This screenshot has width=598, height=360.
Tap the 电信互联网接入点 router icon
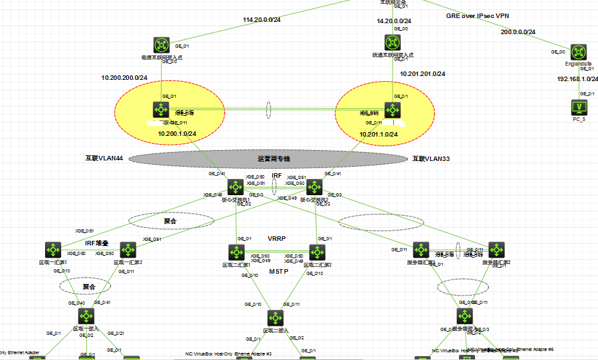point(162,45)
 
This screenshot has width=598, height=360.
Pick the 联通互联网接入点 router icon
point(393,43)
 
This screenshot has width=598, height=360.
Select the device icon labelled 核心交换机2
point(315,187)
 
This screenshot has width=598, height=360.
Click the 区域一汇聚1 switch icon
point(53,250)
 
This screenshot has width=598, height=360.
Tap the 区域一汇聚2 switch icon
point(127,250)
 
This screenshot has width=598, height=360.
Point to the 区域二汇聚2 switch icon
point(317,252)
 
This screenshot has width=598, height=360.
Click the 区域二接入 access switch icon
point(276,318)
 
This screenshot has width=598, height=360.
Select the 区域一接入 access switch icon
point(87,316)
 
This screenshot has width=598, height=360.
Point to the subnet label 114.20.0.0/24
point(262,20)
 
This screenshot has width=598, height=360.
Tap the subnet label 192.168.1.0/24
point(577,79)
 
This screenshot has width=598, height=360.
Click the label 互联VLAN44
point(104,158)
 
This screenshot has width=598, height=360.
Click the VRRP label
point(277,238)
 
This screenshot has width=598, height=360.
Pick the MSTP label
point(278,272)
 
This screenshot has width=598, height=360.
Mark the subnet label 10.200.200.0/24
point(124,77)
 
